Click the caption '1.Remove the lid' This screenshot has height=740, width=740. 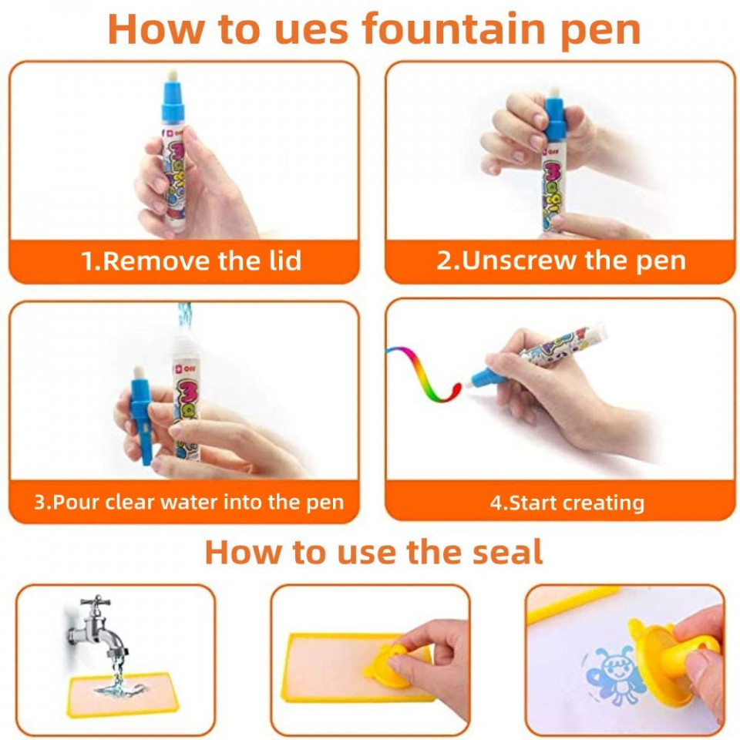tap(191, 261)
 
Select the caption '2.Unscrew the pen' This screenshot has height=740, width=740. tap(561, 261)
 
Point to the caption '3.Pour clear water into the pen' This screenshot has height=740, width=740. tap(189, 502)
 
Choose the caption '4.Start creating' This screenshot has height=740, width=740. tap(567, 503)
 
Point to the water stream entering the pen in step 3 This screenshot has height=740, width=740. tap(184, 317)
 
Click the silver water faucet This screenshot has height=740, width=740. tap(97, 626)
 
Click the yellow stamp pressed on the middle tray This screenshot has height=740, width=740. tap(388, 666)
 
